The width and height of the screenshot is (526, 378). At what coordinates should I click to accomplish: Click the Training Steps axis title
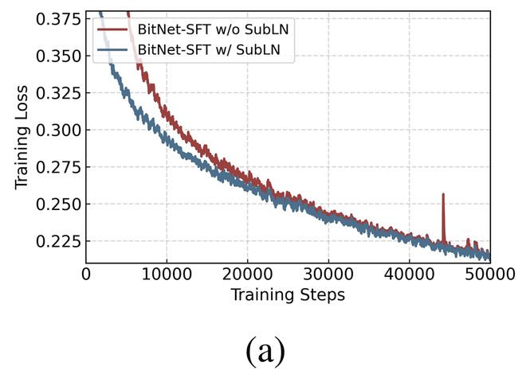point(288,295)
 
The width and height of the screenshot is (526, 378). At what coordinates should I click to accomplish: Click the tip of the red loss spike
point(443,193)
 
